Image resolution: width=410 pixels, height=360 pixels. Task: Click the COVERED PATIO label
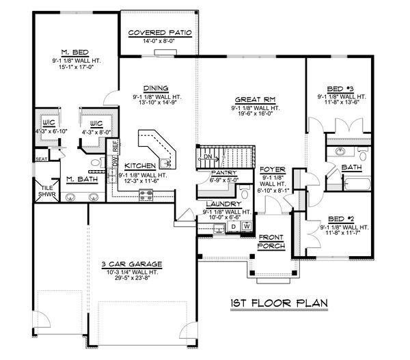(x=160, y=33)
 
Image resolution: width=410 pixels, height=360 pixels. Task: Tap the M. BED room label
(x=72, y=52)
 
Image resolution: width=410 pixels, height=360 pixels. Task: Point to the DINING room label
(x=156, y=87)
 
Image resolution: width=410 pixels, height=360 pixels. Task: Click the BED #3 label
(x=340, y=89)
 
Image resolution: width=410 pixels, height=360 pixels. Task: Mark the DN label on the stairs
(x=208, y=157)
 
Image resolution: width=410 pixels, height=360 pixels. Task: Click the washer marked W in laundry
(x=246, y=225)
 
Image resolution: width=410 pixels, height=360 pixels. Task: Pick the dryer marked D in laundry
(x=233, y=225)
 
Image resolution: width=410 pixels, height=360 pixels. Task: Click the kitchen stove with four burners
(x=146, y=195)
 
